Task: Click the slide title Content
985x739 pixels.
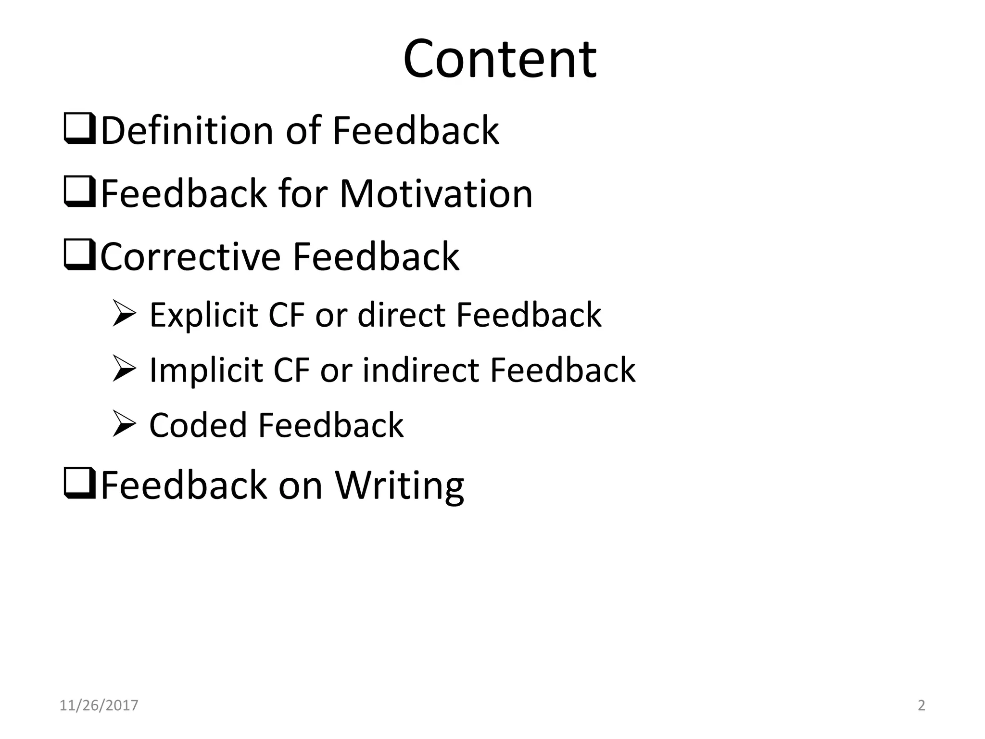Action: pyautogui.click(x=500, y=59)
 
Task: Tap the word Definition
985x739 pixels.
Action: pyautogui.click(x=187, y=130)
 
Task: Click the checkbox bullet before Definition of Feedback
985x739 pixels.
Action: pyautogui.click(x=79, y=128)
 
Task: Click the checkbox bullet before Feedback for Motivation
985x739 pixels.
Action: pyautogui.click(x=79, y=192)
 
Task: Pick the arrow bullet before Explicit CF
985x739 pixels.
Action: pyautogui.click(x=125, y=313)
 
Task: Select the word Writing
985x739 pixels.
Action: pyautogui.click(x=399, y=485)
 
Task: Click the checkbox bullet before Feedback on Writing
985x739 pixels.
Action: pyautogui.click(x=79, y=483)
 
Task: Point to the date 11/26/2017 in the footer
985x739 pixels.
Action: pyautogui.click(x=99, y=705)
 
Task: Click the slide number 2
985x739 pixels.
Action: pyautogui.click(x=921, y=705)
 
